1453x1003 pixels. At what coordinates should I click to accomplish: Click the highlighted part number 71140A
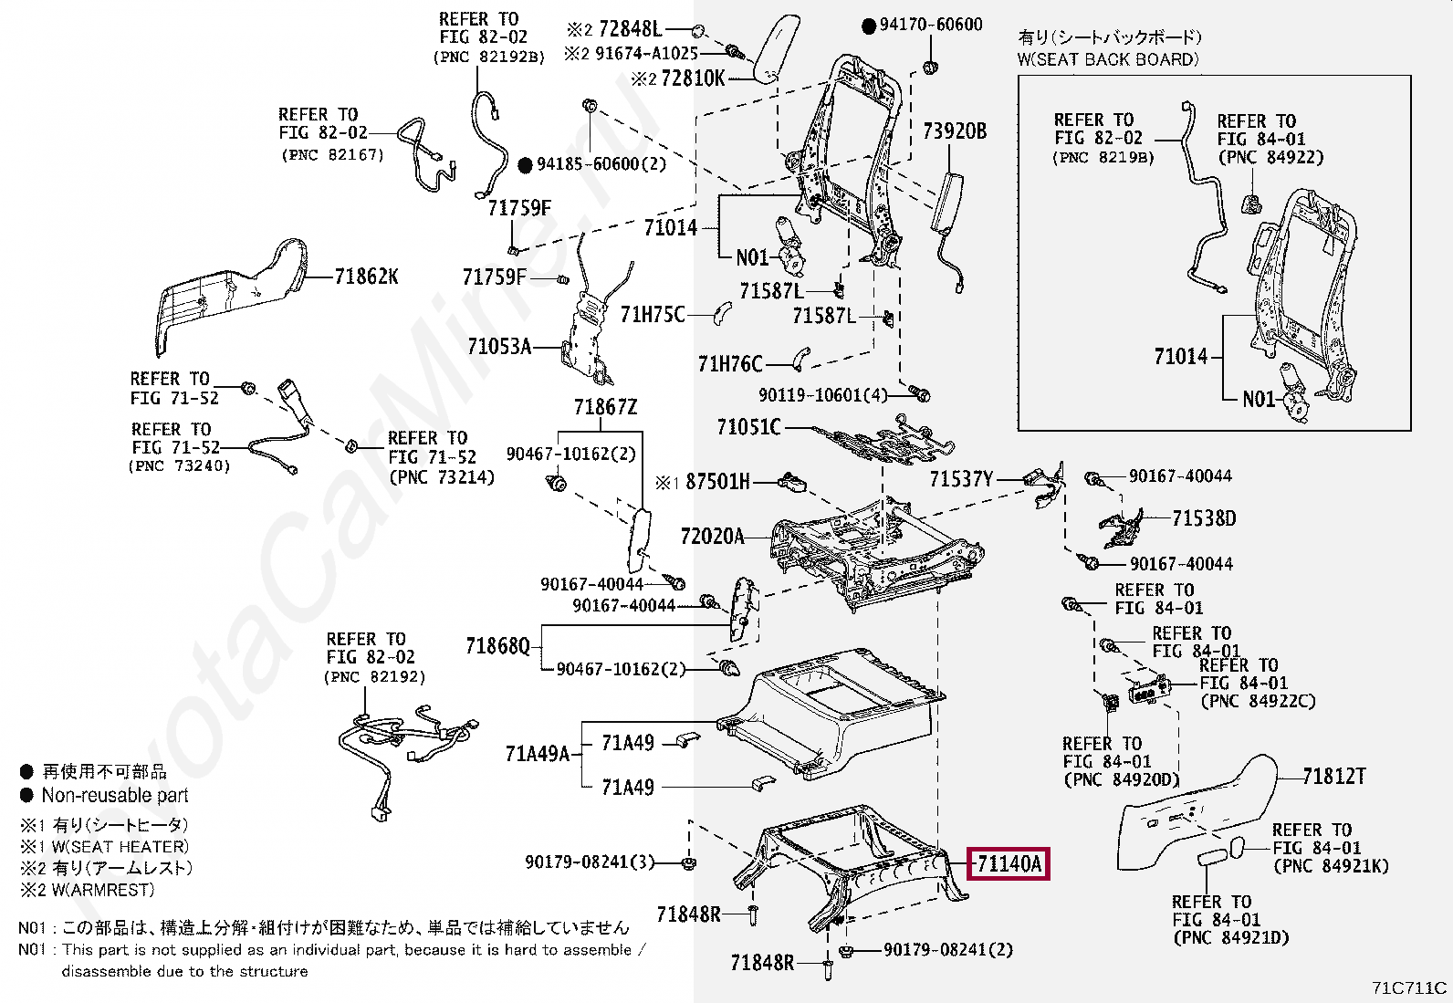click(x=1009, y=863)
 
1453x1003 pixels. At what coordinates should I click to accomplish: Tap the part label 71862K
click(x=366, y=277)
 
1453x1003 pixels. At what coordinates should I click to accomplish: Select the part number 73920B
click(x=955, y=131)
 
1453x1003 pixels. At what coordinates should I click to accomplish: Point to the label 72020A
click(x=712, y=537)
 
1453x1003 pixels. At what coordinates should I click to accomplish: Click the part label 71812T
click(x=1333, y=777)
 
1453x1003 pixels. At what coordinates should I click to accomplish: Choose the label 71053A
click(x=498, y=347)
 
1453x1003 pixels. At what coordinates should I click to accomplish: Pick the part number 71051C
click(x=748, y=427)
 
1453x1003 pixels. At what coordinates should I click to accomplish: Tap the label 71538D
click(x=1204, y=519)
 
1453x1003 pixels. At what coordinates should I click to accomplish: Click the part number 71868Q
click(x=497, y=646)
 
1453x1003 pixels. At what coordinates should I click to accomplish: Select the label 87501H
click(x=717, y=482)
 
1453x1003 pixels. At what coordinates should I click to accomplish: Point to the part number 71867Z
click(x=605, y=407)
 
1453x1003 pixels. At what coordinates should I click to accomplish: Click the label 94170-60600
click(x=931, y=25)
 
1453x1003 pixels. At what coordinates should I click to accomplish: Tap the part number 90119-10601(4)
click(x=822, y=395)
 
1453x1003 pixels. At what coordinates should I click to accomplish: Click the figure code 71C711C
click(x=1408, y=987)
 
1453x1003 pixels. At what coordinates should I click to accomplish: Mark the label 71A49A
click(x=537, y=754)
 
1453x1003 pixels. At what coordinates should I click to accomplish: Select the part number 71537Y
click(x=961, y=479)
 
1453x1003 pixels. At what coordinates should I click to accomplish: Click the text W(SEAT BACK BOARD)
click(x=1107, y=59)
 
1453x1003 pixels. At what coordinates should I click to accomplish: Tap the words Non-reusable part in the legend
click(x=115, y=795)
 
